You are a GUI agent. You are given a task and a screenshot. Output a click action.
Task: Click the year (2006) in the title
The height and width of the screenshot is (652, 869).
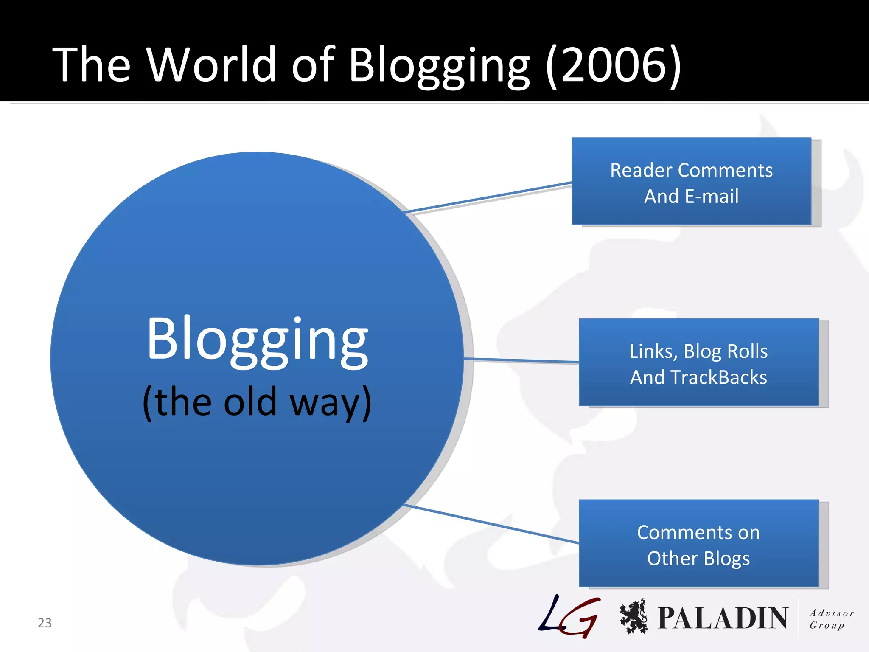click(x=614, y=65)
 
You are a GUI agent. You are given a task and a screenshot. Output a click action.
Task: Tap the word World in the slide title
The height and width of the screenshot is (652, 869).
click(x=212, y=65)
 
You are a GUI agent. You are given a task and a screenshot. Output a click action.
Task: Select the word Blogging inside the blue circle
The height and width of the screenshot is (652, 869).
click(x=257, y=340)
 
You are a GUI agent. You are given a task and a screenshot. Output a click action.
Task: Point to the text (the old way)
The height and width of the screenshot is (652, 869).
click(x=257, y=402)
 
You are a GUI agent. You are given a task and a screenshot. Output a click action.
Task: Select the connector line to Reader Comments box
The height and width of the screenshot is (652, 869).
click(x=488, y=197)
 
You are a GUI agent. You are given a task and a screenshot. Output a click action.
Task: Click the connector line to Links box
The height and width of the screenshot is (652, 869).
click(x=522, y=360)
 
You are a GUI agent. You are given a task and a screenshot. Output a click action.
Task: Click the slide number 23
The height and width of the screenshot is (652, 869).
click(x=45, y=623)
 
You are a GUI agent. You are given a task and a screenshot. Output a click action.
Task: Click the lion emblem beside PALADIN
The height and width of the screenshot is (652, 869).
click(x=634, y=616)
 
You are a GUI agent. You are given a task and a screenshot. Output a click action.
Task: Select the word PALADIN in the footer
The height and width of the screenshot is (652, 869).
click(x=723, y=618)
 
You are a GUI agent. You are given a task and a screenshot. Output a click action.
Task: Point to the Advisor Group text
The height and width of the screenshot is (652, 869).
click(x=831, y=619)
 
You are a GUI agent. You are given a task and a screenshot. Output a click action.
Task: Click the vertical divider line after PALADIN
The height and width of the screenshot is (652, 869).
click(x=799, y=618)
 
